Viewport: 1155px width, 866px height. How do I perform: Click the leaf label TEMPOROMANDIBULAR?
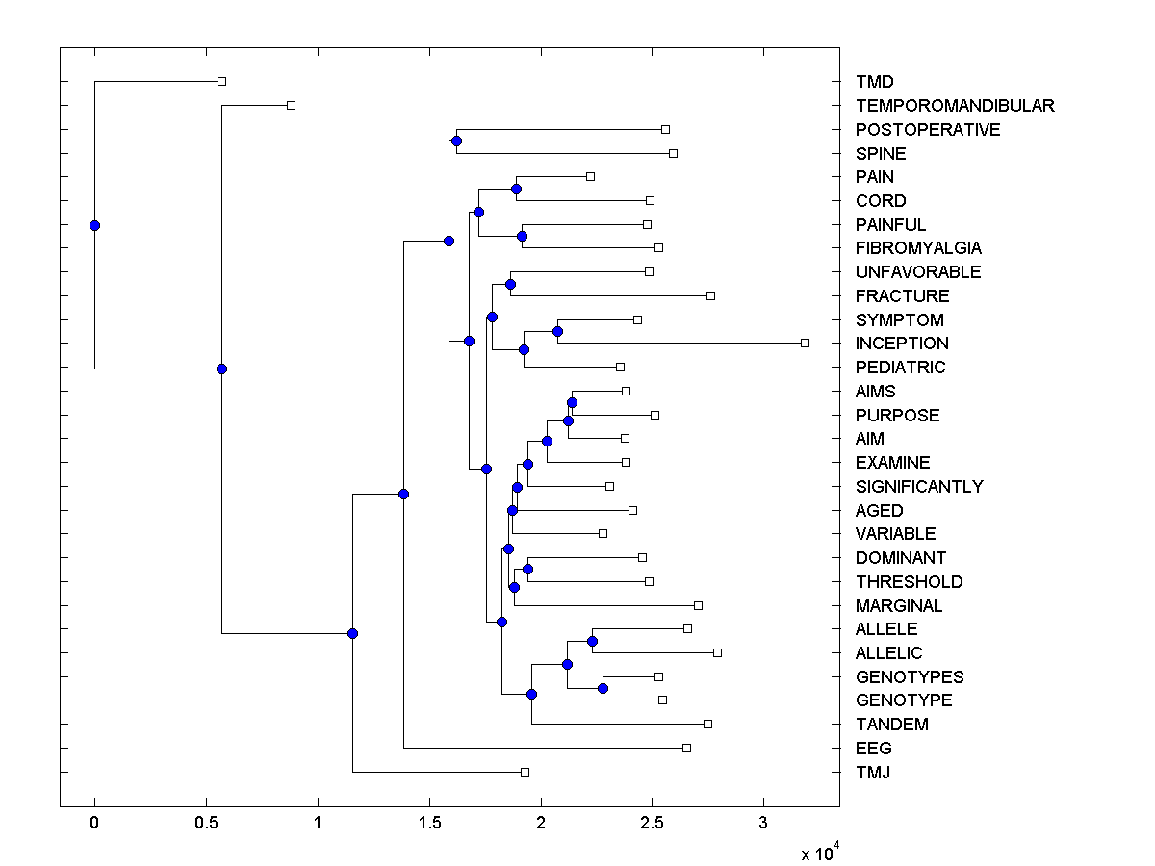pyautogui.click(x=955, y=106)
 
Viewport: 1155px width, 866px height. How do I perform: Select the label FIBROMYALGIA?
pyautogui.click(x=918, y=248)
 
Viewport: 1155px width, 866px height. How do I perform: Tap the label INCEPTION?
pyautogui.click(x=902, y=344)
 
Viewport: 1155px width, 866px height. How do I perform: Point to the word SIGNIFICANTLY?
pyautogui.click(x=919, y=487)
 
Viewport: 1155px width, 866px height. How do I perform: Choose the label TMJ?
pyautogui.click(x=872, y=772)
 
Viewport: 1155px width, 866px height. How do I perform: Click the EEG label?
pyautogui.click(x=873, y=749)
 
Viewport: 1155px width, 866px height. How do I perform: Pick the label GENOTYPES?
pyautogui.click(x=910, y=677)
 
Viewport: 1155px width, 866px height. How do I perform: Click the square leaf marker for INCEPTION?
pyautogui.click(x=806, y=343)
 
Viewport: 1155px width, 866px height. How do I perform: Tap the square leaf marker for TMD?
pyautogui.click(x=221, y=82)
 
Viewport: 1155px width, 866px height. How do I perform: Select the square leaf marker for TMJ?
pyautogui.click(x=525, y=772)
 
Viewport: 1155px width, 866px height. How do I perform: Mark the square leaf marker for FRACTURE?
pyautogui.click(x=710, y=295)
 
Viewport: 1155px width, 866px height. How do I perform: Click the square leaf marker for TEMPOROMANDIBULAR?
pyautogui.click(x=292, y=105)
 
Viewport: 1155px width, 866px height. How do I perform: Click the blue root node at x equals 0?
pyautogui.click(x=94, y=225)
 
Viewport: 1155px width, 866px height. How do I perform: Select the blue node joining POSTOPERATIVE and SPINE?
pyautogui.click(x=456, y=141)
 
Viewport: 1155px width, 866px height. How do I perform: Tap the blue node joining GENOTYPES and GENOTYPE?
pyautogui.click(x=603, y=688)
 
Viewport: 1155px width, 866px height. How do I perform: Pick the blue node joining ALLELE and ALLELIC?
pyautogui.click(x=592, y=641)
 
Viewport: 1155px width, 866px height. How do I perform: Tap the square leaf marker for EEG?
pyautogui.click(x=686, y=748)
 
